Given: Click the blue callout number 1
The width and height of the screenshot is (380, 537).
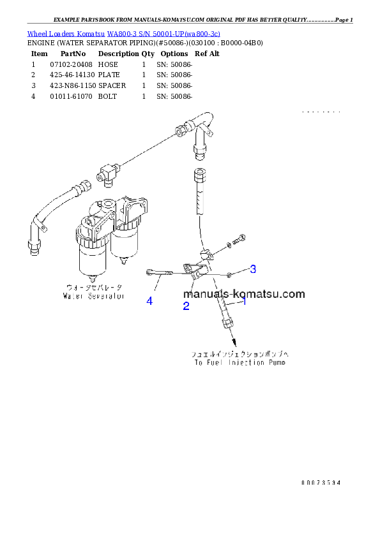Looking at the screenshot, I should click(x=243, y=302).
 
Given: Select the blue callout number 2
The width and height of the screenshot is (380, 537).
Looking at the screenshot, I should click(x=186, y=306).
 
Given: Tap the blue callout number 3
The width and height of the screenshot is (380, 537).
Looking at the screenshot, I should click(x=253, y=269).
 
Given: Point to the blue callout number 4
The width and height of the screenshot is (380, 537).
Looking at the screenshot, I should click(x=149, y=301).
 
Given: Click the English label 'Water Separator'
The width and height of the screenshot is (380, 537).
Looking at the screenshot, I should click(x=93, y=296).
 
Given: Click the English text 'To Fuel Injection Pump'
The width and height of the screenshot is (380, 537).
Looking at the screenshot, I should click(x=240, y=362).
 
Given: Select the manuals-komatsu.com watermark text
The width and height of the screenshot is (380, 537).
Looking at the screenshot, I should click(x=244, y=294).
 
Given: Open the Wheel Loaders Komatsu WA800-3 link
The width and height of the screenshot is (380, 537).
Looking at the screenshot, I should click(x=123, y=33).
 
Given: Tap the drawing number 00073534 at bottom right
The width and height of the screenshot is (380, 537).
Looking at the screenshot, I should click(x=321, y=483).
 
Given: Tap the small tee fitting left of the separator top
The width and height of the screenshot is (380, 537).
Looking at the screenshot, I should click(x=106, y=170).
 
